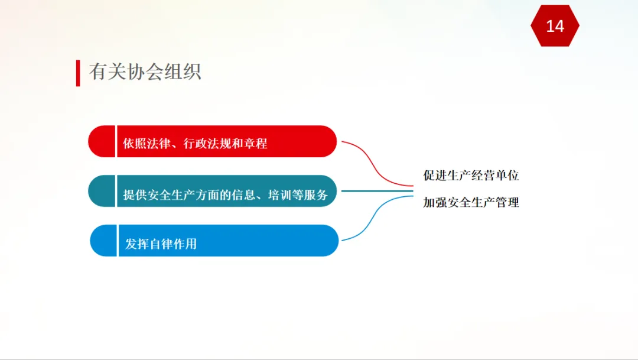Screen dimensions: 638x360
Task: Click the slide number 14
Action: (555, 27)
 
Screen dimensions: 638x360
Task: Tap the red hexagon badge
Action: (555, 25)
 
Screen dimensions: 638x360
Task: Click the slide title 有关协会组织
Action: (145, 72)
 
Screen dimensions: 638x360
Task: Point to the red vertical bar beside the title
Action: (78, 73)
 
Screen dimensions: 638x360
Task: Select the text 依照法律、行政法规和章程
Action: (195, 143)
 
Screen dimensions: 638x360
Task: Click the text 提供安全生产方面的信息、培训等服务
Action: (226, 195)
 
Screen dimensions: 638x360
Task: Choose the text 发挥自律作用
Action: (161, 244)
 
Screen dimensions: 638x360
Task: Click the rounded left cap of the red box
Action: (102, 141)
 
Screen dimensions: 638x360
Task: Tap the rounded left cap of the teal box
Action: (102, 191)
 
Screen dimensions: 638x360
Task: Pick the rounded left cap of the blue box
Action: (103, 241)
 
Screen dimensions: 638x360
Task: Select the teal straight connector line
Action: (377, 191)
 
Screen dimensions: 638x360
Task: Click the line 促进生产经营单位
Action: (471, 176)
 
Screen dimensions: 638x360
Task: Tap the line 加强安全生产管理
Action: (471, 202)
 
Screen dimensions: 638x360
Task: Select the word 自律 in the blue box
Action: (161, 244)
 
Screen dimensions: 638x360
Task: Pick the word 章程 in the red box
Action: (256, 143)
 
